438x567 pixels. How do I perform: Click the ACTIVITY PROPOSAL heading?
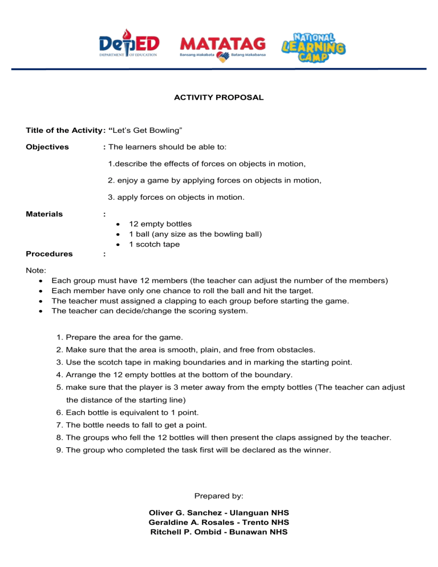point(218,98)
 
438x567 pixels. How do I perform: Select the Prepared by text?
point(218,496)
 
